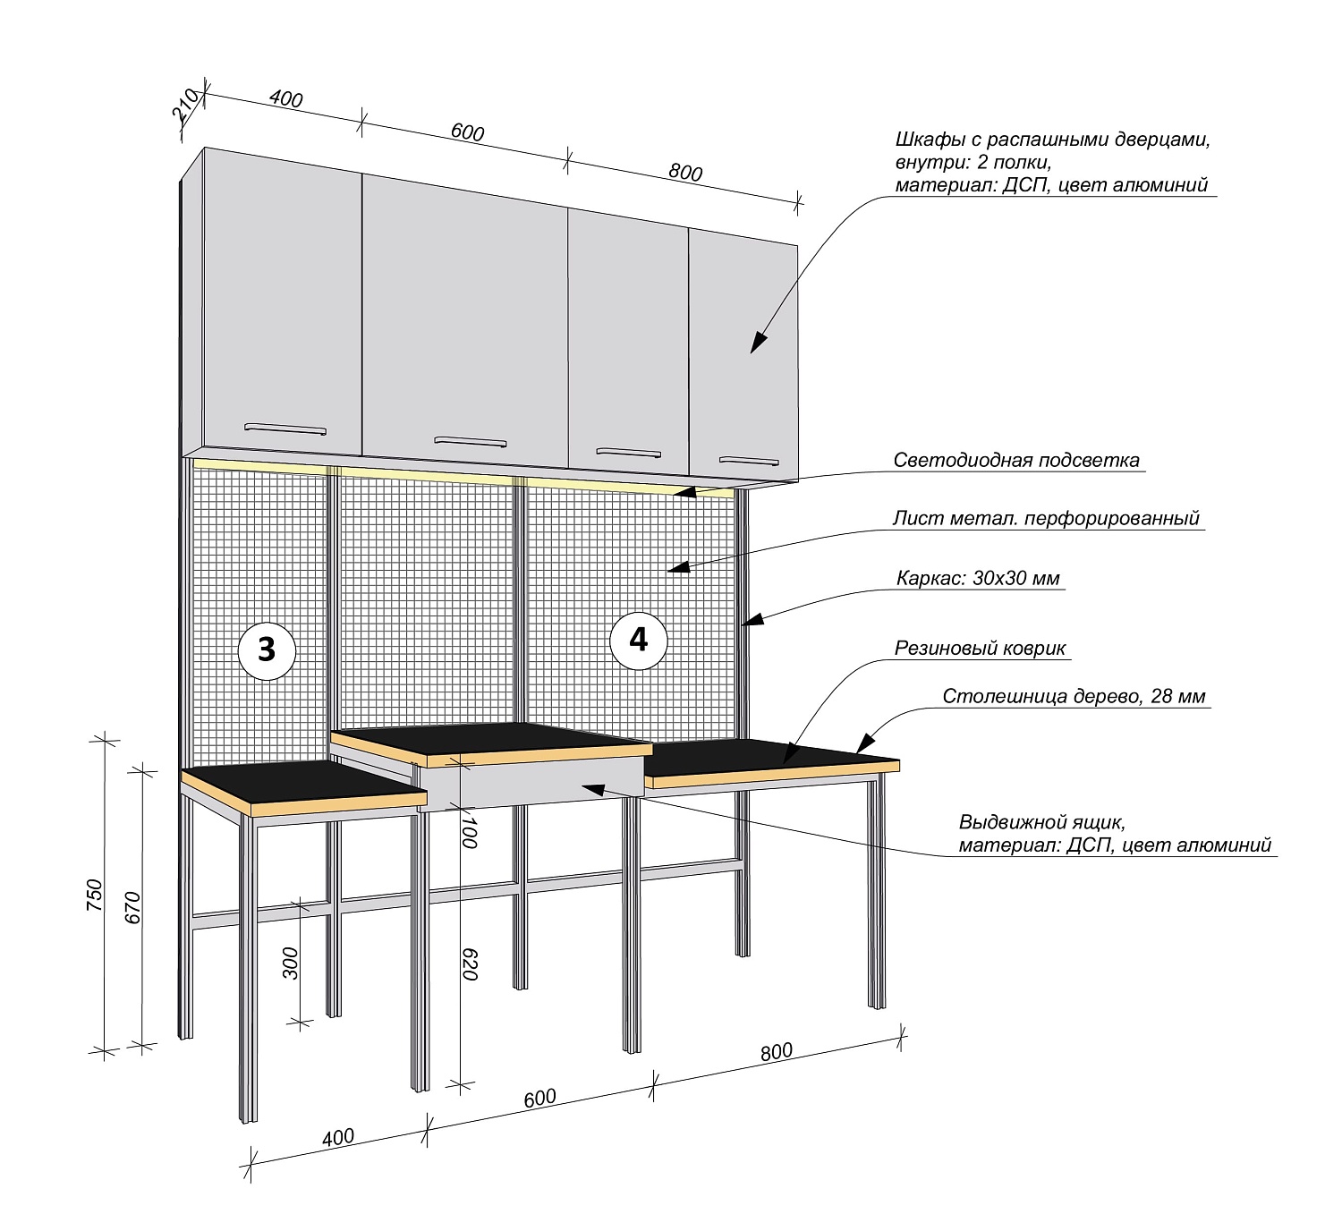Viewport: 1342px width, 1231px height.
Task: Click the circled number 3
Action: click(267, 649)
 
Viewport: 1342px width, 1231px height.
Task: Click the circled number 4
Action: click(639, 640)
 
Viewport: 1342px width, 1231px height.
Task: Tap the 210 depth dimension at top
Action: click(186, 106)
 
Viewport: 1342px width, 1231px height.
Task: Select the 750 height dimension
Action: click(95, 896)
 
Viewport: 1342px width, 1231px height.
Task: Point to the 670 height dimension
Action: click(133, 907)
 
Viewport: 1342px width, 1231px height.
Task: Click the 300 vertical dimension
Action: click(291, 964)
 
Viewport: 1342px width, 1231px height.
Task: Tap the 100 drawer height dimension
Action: click(469, 831)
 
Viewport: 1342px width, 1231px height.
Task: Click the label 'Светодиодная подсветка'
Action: click(1016, 461)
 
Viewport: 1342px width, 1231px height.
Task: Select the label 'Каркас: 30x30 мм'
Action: click(978, 578)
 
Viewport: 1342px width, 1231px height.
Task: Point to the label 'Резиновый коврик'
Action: click(980, 649)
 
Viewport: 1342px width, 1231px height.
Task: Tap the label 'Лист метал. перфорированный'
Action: click(1046, 519)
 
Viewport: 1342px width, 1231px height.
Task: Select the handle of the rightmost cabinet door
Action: click(749, 462)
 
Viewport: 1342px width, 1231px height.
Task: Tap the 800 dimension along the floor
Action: click(777, 1052)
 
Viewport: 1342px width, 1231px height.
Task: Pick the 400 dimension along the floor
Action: click(338, 1138)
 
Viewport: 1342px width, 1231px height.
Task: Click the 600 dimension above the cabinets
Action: click(467, 132)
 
